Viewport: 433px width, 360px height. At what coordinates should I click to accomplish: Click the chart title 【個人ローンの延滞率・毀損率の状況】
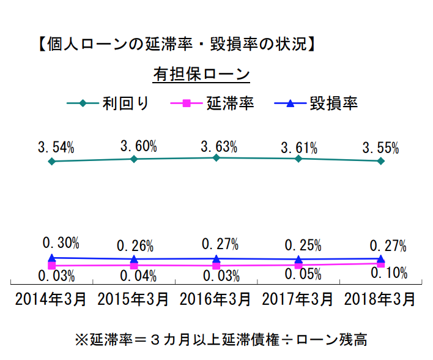pos(176,45)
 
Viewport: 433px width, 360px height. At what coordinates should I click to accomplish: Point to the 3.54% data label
pos(56,148)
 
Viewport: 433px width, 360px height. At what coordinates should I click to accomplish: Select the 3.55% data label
pos(380,148)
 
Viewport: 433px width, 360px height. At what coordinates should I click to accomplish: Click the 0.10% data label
pos(389,273)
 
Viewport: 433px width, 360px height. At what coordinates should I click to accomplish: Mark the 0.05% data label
pos(303,274)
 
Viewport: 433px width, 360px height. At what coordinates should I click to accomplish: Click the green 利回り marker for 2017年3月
pos(298,159)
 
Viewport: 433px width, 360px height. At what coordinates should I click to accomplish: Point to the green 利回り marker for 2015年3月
pos(134,159)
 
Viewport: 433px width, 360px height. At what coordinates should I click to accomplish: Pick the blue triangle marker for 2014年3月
pos(52,258)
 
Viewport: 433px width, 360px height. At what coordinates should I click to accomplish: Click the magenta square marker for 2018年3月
pos(380,263)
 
